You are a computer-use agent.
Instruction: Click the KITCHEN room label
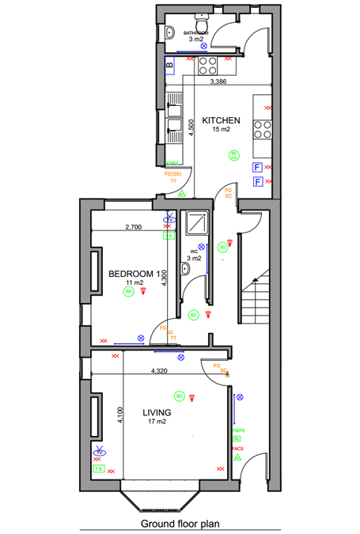click(221, 120)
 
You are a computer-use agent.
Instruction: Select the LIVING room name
click(157, 412)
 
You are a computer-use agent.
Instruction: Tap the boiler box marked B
click(169, 64)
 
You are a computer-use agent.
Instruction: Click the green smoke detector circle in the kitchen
click(233, 155)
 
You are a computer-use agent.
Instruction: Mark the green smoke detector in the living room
click(180, 396)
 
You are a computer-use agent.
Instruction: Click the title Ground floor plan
click(180, 523)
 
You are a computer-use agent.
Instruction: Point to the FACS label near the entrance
click(237, 448)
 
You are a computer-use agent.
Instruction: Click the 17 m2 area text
click(157, 422)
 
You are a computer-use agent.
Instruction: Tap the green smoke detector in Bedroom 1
click(128, 292)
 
